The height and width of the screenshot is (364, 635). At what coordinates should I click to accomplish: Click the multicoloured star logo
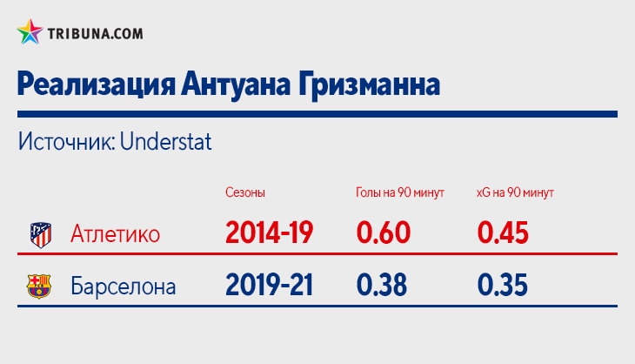30,32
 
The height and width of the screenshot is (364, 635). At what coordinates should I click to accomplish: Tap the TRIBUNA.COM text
95,34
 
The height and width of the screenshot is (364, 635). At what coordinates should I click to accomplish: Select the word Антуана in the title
236,84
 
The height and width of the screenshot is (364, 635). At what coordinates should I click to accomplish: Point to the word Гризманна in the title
369,84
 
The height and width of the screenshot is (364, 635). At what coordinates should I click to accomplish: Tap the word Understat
165,141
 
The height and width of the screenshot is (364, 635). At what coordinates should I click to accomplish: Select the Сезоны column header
245,192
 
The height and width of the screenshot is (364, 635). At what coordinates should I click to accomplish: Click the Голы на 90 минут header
400,192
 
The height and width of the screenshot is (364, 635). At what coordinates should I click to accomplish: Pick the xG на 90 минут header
515,192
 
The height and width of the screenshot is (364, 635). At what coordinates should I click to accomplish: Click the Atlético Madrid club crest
41,235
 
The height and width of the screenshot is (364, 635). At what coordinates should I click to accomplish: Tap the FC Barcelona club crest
39,286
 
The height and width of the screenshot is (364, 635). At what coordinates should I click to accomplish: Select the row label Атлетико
116,234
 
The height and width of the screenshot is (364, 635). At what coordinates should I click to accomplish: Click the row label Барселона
124,286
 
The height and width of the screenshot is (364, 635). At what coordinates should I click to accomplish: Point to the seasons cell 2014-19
270,233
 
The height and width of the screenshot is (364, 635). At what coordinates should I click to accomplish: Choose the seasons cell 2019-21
270,285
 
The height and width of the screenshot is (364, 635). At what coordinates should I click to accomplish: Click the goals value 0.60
384,233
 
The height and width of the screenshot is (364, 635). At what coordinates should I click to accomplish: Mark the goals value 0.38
382,285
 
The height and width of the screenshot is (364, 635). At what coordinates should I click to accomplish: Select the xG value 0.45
503,233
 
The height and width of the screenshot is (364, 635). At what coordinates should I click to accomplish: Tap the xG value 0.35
502,285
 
